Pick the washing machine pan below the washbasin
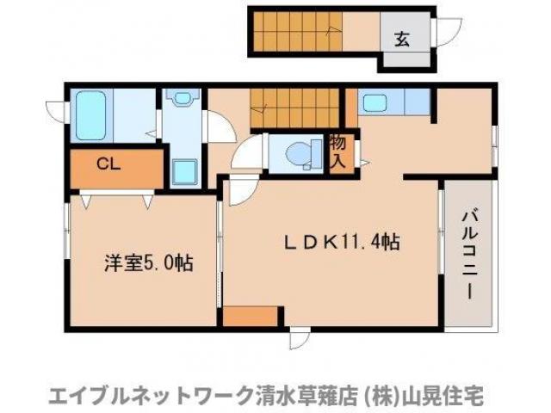coord(185,170)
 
